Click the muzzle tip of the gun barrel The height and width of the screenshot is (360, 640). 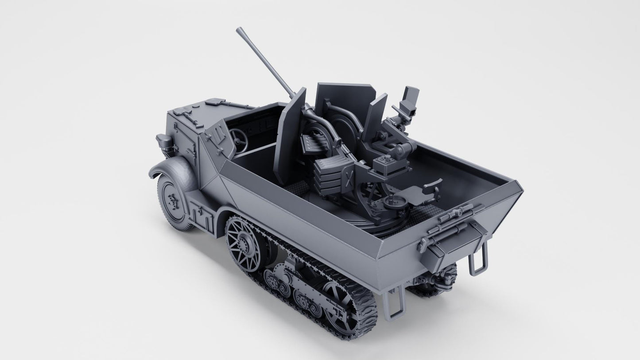click(240, 31)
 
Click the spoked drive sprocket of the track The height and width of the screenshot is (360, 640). click(244, 243)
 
